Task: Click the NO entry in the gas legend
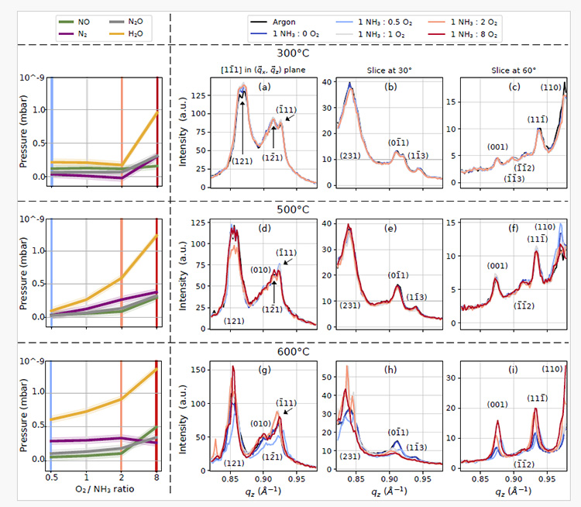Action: (82, 21)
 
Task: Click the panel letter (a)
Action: (266, 86)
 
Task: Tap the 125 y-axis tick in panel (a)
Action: (196, 95)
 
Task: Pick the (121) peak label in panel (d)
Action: (235, 319)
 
